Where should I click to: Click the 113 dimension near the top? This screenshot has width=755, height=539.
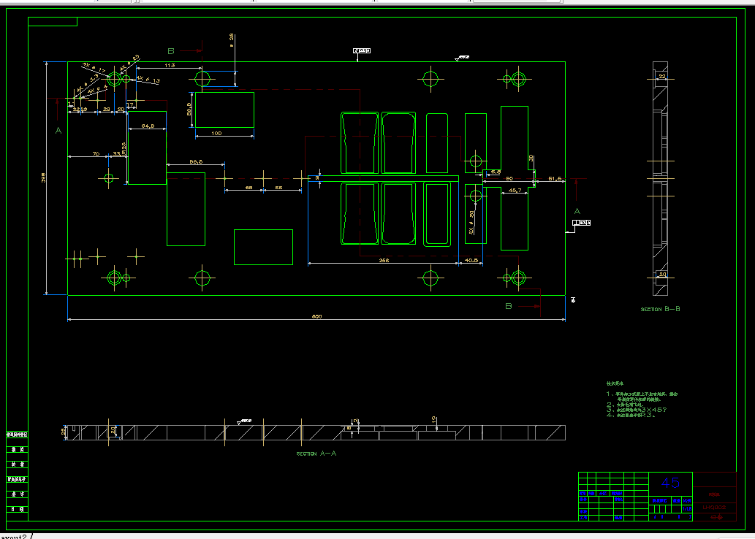[x=170, y=66]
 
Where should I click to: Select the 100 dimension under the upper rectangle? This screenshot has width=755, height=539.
[x=216, y=134]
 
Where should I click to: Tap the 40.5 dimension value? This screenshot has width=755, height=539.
[x=471, y=259]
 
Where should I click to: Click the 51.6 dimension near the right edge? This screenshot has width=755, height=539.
[x=554, y=178]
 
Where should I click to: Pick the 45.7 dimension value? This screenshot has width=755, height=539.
[x=515, y=190]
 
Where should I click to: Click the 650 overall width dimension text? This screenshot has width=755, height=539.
[x=317, y=316]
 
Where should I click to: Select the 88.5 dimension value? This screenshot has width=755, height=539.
[x=196, y=161]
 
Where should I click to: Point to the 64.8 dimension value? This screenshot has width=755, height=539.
[x=147, y=126]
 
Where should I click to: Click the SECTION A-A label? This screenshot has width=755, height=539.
[x=316, y=454]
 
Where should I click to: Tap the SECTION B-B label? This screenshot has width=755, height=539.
[x=661, y=309]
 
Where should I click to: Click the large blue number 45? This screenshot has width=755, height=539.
[x=670, y=482]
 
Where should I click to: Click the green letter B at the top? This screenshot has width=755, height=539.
[x=171, y=51]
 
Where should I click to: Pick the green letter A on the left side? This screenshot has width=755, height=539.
[x=58, y=131]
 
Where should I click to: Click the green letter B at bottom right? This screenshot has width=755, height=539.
[x=509, y=306]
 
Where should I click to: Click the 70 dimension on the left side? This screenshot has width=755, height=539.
[x=96, y=154]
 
